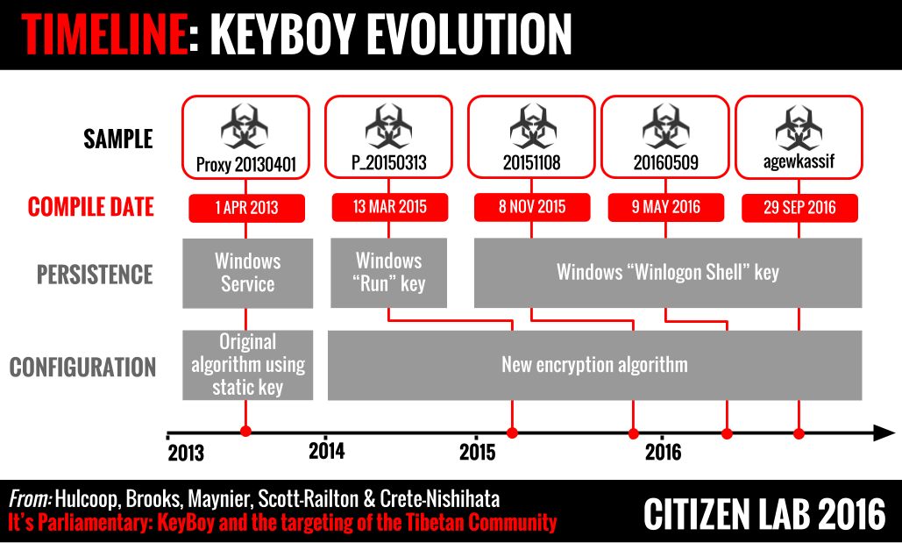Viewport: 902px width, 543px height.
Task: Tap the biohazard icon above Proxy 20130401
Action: (245, 127)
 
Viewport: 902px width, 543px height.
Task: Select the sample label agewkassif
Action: (799, 161)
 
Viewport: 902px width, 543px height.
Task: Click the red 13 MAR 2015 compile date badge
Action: (389, 207)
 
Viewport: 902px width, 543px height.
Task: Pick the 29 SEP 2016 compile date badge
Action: (799, 208)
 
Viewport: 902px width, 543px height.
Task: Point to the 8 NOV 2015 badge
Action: (532, 207)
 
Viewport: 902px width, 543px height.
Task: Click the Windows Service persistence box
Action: (248, 273)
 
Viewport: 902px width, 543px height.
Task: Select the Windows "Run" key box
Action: (389, 272)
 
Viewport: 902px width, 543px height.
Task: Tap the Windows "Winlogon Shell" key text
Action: (668, 272)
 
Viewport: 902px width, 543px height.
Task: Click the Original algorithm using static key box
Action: (248, 365)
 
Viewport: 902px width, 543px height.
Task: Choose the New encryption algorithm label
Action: (595, 365)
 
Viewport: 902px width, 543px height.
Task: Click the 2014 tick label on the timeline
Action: (327, 451)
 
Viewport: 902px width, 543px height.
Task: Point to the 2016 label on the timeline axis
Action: (664, 452)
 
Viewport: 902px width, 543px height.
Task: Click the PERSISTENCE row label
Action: (95, 275)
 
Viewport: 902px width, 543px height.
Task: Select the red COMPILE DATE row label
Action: (91, 207)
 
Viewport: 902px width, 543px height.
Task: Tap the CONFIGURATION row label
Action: (82, 368)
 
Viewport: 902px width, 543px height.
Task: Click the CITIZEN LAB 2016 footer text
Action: (764, 514)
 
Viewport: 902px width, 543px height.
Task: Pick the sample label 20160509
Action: (665, 163)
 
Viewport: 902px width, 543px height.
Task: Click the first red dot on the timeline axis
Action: (245, 432)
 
